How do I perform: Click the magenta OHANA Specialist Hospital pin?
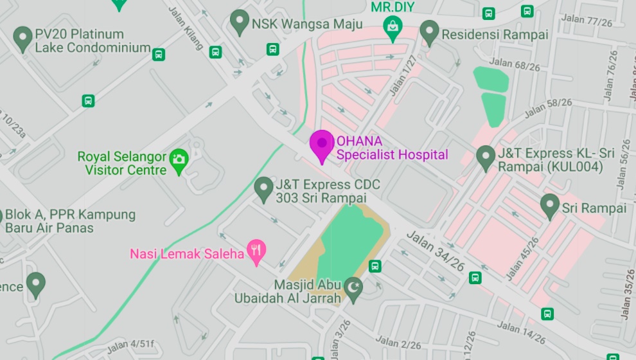pyautogui.click(x=322, y=144)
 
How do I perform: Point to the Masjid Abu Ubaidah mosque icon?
pyautogui.click(x=353, y=285)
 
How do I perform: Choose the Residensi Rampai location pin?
pyautogui.click(x=429, y=32)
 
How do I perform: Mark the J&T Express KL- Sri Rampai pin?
pyautogui.click(x=486, y=157)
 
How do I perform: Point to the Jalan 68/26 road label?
pyautogui.click(x=514, y=65)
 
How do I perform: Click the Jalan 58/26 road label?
pyautogui.click(x=547, y=107)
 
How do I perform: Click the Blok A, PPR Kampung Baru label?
pyautogui.click(x=70, y=221)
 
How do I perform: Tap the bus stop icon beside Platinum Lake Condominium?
pyautogui.click(x=159, y=54)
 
